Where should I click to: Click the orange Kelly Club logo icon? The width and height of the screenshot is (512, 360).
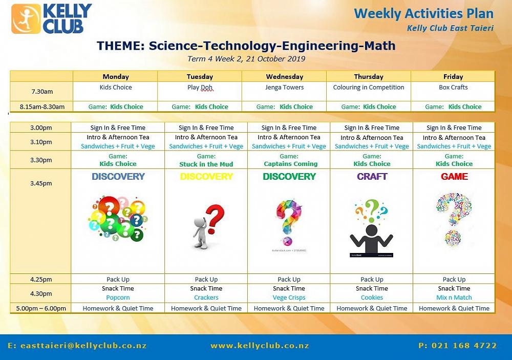(x=26, y=18)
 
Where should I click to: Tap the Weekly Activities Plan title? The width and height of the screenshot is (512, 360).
(x=423, y=14)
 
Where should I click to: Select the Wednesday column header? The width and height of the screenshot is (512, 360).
(x=284, y=77)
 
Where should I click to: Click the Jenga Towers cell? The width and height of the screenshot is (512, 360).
(x=284, y=87)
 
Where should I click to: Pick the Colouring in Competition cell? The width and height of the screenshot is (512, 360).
(x=368, y=88)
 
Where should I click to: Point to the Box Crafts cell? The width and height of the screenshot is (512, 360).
(x=453, y=87)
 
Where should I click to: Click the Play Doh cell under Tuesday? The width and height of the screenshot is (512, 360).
(x=200, y=88)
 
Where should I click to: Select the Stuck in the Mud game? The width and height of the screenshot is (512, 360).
(x=206, y=164)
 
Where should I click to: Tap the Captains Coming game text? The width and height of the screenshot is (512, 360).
(x=291, y=164)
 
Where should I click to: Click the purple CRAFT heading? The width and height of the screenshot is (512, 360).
(x=372, y=176)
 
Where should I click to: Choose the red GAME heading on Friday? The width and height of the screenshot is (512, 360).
(x=454, y=176)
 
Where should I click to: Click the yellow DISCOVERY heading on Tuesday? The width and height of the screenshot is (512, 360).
(x=206, y=176)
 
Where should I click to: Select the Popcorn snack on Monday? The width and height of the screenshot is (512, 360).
(x=118, y=298)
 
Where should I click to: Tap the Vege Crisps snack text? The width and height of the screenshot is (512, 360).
(x=289, y=298)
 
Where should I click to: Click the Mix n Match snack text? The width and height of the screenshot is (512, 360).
(x=454, y=298)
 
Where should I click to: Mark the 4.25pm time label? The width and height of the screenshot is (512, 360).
(x=41, y=279)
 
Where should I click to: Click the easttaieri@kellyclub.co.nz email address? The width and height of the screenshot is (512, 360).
(x=77, y=346)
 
